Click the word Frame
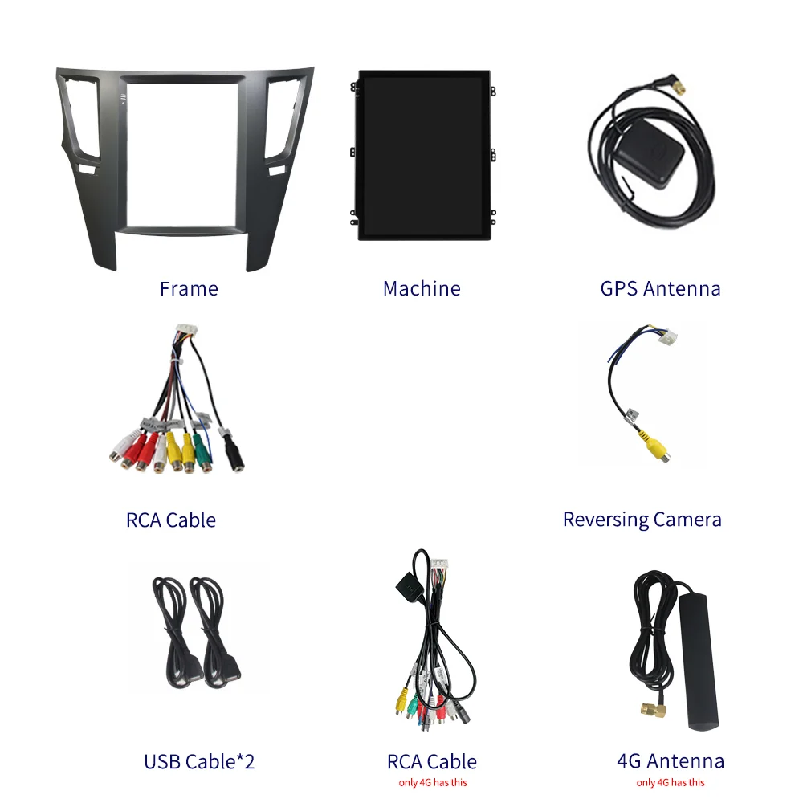(x=189, y=288)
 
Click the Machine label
(x=422, y=288)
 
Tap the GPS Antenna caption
(x=660, y=288)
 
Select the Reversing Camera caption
(x=642, y=520)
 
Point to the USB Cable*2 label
(x=199, y=761)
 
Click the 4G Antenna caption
(x=671, y=760)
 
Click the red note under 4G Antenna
(x=671, y=782)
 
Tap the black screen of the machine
(x=422, y=154)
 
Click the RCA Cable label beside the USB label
(x=432, y=761)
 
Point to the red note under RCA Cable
(x=432, y=782)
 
